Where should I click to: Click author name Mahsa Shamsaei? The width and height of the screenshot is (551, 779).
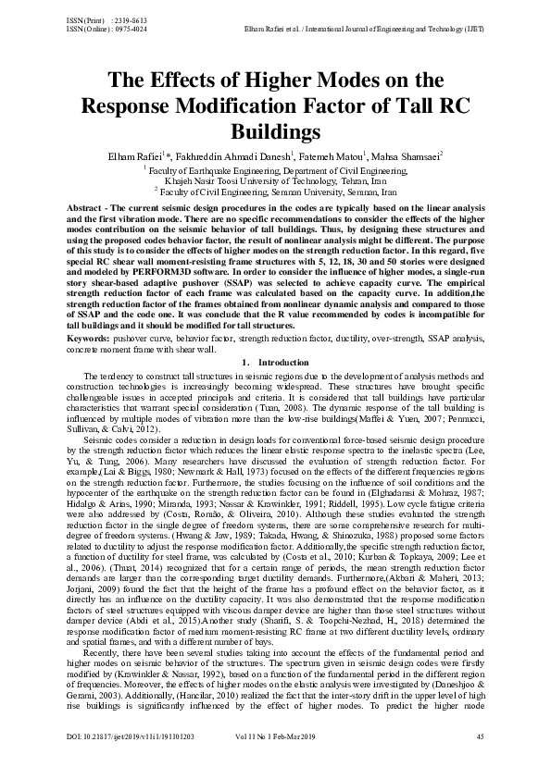click(x=407, y=155)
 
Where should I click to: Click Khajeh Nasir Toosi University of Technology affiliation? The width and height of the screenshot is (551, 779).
click(x=275, y=180)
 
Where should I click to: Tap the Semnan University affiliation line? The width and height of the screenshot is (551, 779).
click(x=275, y=191)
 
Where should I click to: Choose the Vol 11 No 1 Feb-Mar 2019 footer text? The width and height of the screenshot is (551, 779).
click(x=282, y=736)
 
